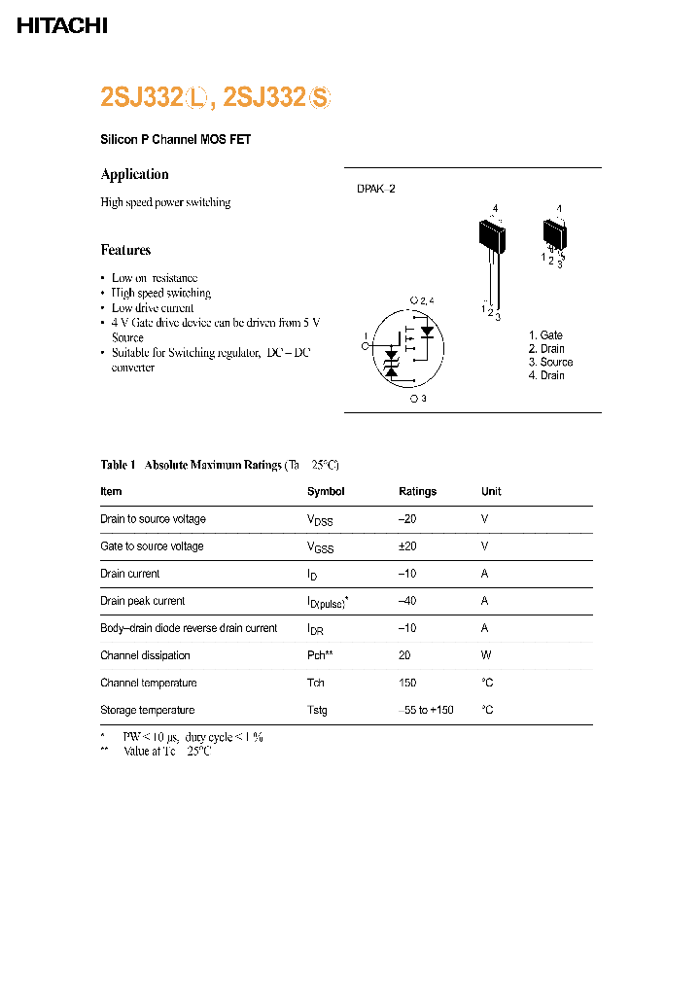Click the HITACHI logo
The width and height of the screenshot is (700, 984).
(x=62, y=26)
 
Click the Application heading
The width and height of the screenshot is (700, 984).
(x=135, y=174)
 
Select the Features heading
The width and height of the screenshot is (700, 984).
(x=126, y=250)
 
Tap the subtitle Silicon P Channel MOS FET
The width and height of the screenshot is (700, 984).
(x=176, y=140)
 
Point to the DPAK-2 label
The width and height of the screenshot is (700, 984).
(x=376, y=190)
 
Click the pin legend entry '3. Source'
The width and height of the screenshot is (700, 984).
(x=551, y=362)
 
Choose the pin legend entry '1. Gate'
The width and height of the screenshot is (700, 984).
(x=545, y=335)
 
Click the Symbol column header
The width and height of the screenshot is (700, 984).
(x=326, y=492)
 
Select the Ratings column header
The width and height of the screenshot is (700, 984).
(x=418, y=492)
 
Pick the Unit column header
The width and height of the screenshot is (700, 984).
(x=491, y=492)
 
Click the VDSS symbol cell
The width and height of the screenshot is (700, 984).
(x=320, y=520)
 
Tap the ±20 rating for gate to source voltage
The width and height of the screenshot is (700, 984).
(x=407, y=546)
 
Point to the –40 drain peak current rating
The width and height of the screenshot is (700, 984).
(x=407, y=601)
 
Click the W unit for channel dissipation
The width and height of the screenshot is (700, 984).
(x=485, y=655)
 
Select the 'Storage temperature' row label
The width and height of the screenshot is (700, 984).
(x=148, y=710)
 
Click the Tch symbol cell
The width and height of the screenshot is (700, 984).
(x=316, y=683)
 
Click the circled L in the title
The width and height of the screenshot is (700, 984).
(x=198, y=97)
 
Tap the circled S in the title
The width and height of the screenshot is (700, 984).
(x=320, y=97)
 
